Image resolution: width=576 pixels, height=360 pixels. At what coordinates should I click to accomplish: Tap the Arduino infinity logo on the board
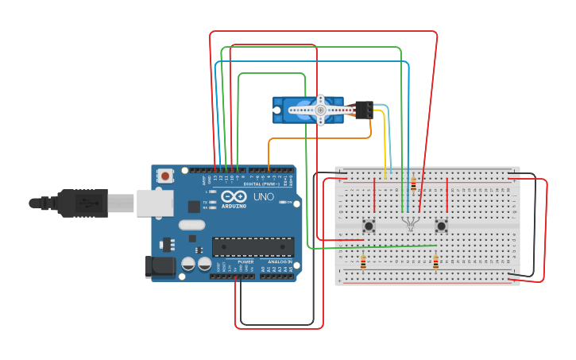pyautogui.click(x=234, y=196)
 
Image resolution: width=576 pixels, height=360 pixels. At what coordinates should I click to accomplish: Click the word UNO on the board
pyautogui.click(x=263, y=196)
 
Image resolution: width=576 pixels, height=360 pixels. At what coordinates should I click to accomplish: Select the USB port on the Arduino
pyautogui.click(x=154, y=203)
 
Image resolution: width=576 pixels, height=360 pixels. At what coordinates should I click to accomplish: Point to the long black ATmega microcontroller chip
pyautogui.click(x=253, y=247)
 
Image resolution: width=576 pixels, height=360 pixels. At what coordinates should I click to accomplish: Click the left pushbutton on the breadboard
pyautogui.click(x=369, y=226)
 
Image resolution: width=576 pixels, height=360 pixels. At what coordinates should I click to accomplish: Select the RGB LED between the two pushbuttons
pyautogui.click(x=410, y=223)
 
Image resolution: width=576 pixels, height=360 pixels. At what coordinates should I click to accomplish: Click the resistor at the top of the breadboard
pyautogui.click(x=413, y=184)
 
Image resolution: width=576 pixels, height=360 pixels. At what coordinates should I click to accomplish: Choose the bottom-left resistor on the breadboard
pyautogui.click(x=363, y=261)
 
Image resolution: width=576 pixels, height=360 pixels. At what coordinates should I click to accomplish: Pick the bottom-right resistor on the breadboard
pyautogui.click(x=435, y=261)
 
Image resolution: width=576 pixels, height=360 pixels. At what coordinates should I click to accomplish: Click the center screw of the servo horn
pyautogui.click(x=320, y=110)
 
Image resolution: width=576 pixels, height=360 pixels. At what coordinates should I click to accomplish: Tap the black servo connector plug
pyautogui.click(x=364, y=110)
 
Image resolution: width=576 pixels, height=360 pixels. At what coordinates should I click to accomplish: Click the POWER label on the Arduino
pyautogui.click(x=246, y=261)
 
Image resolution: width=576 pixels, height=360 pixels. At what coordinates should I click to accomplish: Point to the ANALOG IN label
pyautogui.click(x=278, y=261)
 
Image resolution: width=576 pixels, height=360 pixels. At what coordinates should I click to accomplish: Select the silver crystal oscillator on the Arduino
pyautogui.click(x=191, y=225)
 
